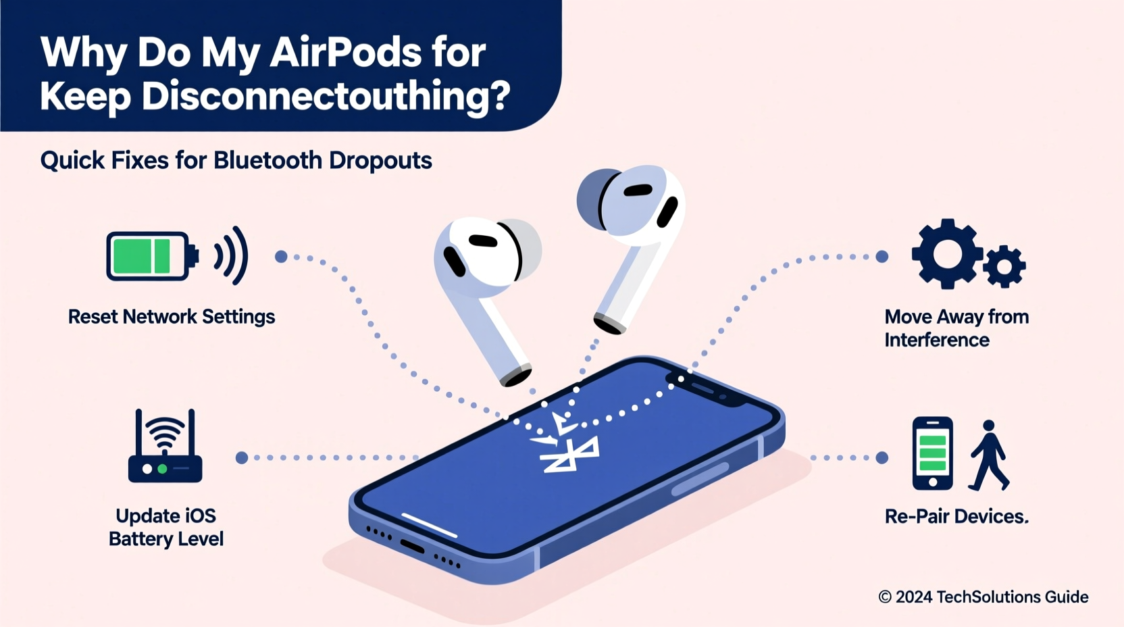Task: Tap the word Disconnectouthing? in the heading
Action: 326,96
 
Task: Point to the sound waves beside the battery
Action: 231,255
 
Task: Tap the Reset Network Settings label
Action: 172,317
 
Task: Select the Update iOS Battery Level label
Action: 166,528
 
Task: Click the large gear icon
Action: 946,253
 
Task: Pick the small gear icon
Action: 1004,266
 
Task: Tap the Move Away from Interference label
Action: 956,328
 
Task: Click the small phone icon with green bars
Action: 932,453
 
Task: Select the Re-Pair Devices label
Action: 956,517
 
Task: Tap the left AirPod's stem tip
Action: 515,376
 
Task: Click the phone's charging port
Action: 412,546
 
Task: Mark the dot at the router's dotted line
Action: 241,457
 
